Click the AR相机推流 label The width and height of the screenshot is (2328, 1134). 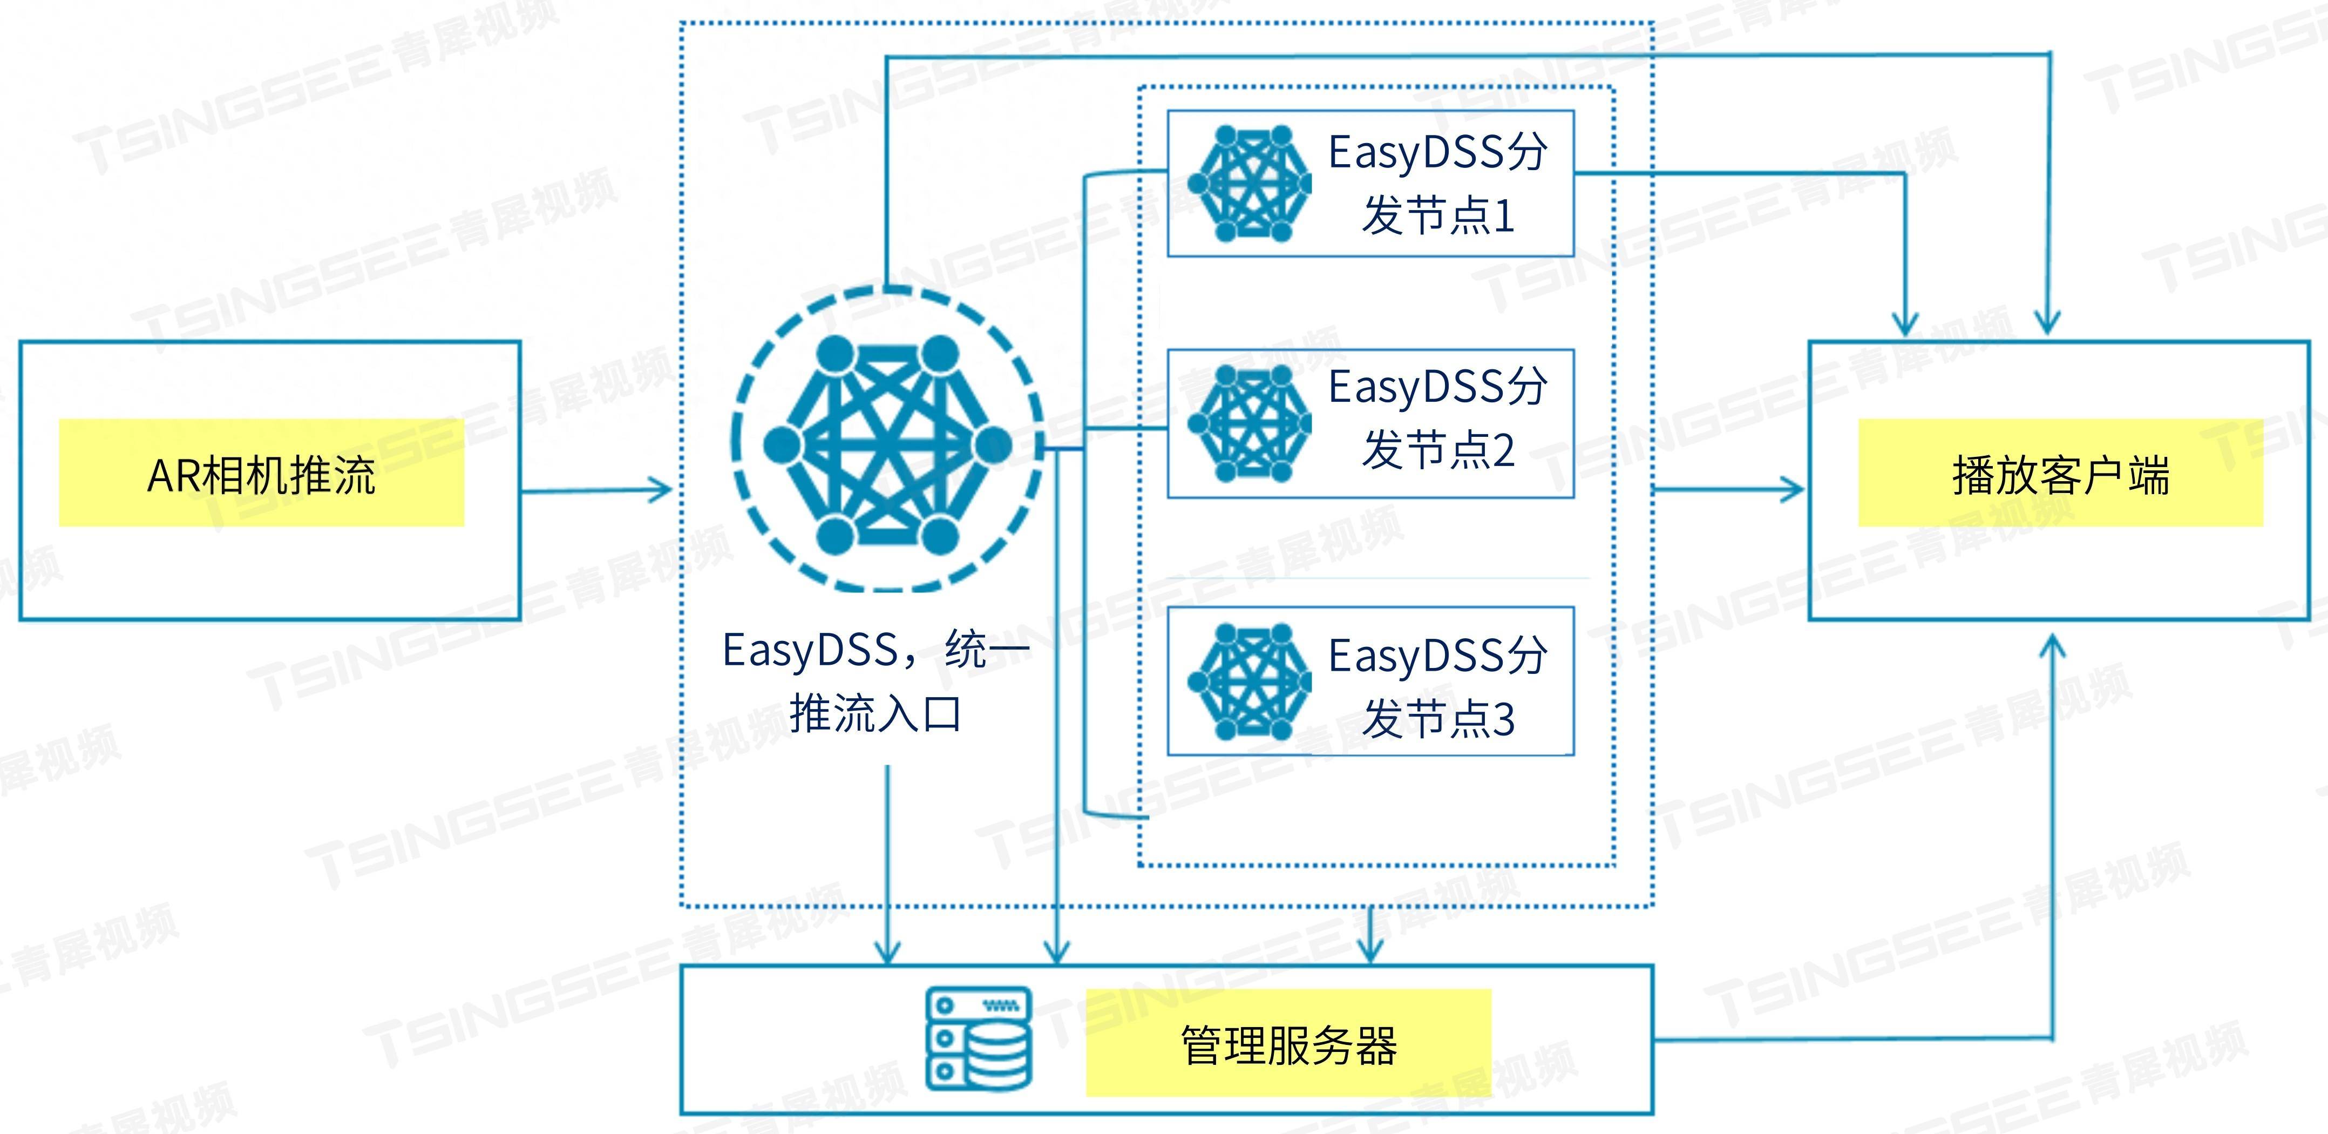(x=261, y=475)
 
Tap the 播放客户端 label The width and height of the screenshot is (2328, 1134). (x=2060, y=475)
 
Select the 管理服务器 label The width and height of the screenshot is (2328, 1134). (x=1288, y=1044)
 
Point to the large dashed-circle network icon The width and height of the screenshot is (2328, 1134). (x=887, y=441)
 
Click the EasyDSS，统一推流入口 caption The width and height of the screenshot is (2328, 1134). (x=875, y=681)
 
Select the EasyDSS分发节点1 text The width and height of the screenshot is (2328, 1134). (x=1437, y=184)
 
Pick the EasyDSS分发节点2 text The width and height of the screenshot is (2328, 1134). (x=1437, y=418)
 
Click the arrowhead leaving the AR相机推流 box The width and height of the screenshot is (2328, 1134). (x=660, y=491)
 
